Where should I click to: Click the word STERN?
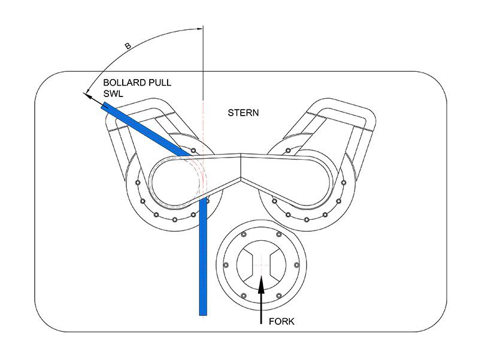244,112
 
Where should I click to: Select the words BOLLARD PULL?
137,83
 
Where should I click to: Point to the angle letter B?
128,46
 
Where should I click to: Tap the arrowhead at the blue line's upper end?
87,93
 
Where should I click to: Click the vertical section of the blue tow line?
203,264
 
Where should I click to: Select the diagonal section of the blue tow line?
144,128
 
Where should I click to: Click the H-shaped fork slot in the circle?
262,263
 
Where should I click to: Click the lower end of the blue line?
203,311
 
